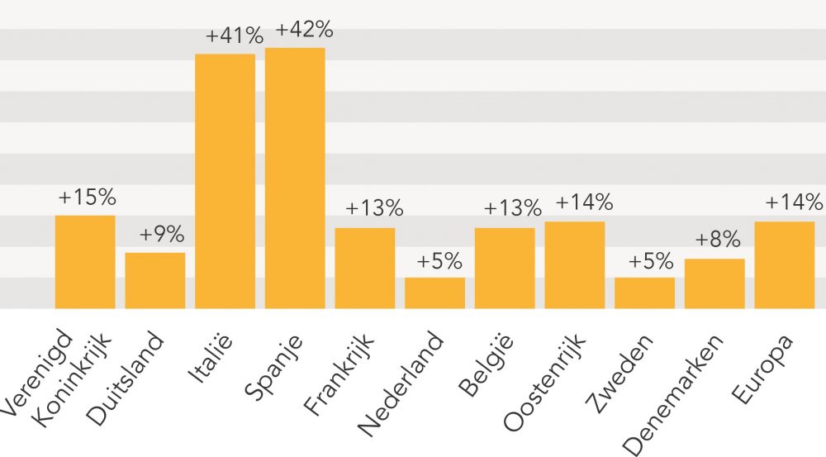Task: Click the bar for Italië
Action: (x=225, y=181)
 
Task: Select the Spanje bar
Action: (x=295, y=178)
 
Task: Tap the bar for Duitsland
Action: (x=155, y=280)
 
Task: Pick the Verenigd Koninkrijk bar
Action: (x=85, y=261)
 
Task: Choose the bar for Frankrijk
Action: (x=364, y=268)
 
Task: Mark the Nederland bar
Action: (x=434, y=293)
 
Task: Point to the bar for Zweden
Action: (x=644, y=293)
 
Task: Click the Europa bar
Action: (x=785, y=264)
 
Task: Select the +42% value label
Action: (x=304, y=30)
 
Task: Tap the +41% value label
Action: (x=235, y=36)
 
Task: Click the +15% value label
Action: (x=87, y=198)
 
